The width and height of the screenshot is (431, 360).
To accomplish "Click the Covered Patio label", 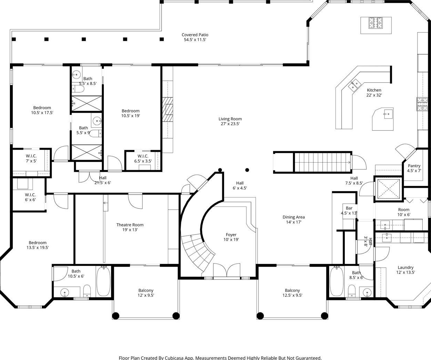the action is pyautogui.click(x=195, y=35).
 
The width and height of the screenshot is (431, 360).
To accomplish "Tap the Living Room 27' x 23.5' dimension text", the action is pyautogui.click(x=230, y=124).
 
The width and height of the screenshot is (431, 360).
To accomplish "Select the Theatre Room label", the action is pyautogui.click(x=130, y=225).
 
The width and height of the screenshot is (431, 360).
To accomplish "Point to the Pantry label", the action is pyautogui.click(x=414, y=166).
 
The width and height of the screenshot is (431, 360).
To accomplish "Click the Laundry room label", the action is pyautogui.click(x=405, y=267).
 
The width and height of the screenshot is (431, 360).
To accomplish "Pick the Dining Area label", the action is pyautogui.click(x=294, y=217).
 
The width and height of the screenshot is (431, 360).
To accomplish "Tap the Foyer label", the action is pyautogui.click(x=231, y=234).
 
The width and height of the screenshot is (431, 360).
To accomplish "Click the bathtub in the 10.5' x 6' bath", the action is pyautogui.click(x=104, y=281).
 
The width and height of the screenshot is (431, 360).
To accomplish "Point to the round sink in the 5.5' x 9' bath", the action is pyautogui.click(x=97, y=121).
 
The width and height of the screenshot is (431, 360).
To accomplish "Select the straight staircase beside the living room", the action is pyautogui.click(x=322, y=162).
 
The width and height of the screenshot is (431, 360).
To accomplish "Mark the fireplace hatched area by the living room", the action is pyautogui.click(x=168, y=109).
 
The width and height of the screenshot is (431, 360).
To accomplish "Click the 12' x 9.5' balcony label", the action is pyautogui.click(x=146, y=293).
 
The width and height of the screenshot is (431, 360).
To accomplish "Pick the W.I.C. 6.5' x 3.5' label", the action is pyautogui.click(x=143, y=158).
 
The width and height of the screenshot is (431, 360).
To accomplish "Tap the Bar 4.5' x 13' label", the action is pyautogui.click(x=349, y=211).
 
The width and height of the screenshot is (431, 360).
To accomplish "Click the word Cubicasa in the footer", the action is pyautogui.click(x=173, y=358).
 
